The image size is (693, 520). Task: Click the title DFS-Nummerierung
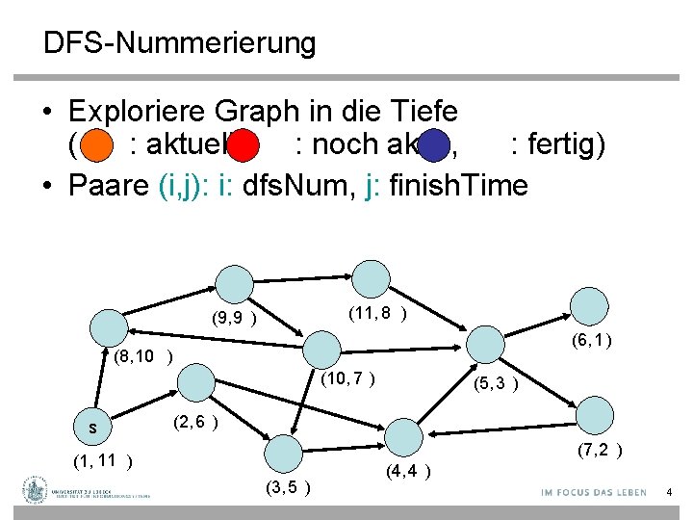pos(179,43)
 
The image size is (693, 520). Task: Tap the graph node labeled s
pos(93,425)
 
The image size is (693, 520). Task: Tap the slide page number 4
pos(669,493)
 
